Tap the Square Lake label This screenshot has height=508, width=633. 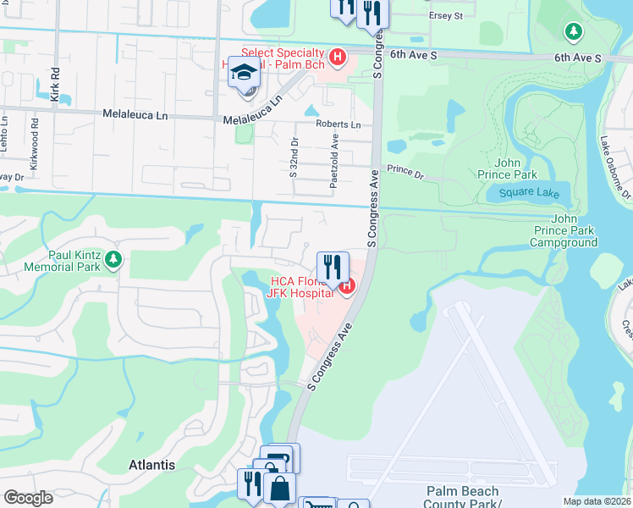tap(529, 192)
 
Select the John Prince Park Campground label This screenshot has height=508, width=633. tap(564, 236)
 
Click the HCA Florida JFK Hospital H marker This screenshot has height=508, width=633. tap(346, 288)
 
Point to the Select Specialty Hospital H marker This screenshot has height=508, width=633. tap(338, 58)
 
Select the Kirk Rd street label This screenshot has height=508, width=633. tap(55, 86)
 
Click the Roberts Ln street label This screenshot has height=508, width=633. tap(339, 124)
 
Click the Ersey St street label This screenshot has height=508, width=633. tap(446, 16)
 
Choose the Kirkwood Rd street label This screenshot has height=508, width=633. tap(35, 151)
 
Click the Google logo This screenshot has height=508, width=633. tap(28, 498)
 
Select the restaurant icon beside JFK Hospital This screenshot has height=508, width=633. tap(333, 267)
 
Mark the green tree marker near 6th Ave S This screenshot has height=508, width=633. tap(574, 31)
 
